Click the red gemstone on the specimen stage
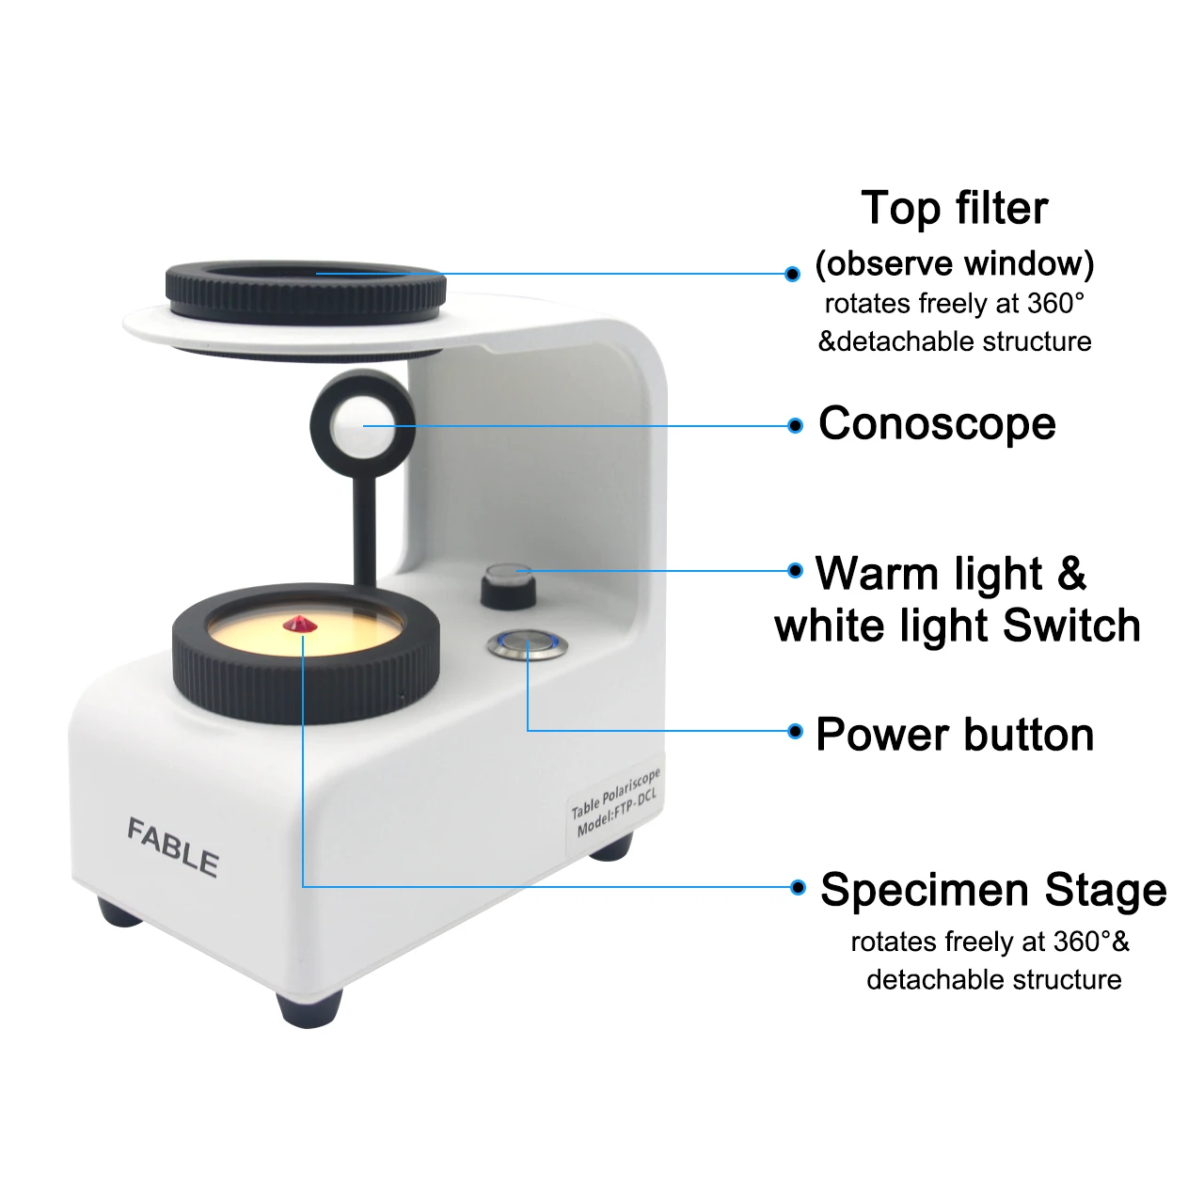[298, 624]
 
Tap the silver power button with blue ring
[528, 644]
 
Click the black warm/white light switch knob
[508, 588]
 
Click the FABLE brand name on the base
[173, 848]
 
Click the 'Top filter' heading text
[954, 208]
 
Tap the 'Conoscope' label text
[937, 423]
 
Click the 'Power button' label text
[955, 735]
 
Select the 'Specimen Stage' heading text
[993, 890]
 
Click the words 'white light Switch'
[958, 626]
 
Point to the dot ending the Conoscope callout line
[796, 426]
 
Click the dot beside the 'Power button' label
[796, 731]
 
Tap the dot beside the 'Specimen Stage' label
[798, 887]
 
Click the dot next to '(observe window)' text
[793, 274]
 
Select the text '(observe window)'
[954, 263]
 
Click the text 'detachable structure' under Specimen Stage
[993, 980]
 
